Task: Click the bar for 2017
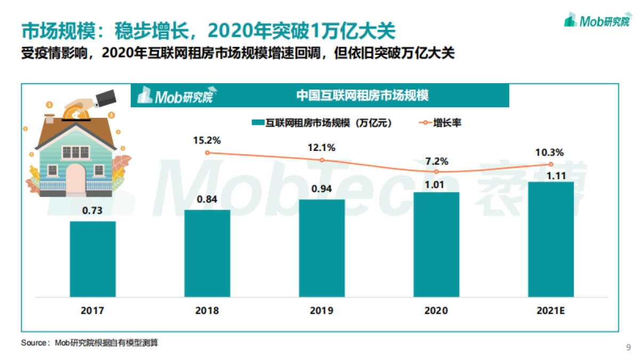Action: click(93, 259)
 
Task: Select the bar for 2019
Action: click(322, 248)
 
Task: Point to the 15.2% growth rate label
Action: click(207, 140)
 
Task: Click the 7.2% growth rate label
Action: click(436, 161)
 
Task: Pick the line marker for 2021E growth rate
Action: click(551, 164)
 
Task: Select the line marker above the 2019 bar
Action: click(322, 160)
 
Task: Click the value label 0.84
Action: click(207, 201)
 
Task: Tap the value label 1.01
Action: click(436, 183)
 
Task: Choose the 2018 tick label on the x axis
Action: click(207, 310)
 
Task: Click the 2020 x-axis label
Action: click(436, 310)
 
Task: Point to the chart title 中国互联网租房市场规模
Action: click(363, 95)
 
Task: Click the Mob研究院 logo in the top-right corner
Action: click(597, 21)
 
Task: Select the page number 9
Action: click(628, 348)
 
